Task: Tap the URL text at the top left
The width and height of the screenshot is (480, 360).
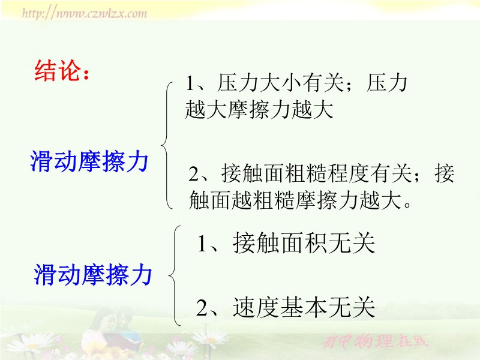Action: click(85, 13)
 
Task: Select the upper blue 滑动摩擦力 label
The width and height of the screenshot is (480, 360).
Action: click(89, 161)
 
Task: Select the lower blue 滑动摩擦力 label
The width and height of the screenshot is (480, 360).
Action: click(93, 275)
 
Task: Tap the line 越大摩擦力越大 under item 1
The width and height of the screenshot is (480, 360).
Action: click(259, 109)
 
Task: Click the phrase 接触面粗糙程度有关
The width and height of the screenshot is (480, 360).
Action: click(316, 173)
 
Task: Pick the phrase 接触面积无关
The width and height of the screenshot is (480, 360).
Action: click(304, 243)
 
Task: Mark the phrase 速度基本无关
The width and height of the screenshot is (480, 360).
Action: click(304, 307)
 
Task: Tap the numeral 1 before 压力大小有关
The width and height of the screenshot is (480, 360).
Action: click(190, 83)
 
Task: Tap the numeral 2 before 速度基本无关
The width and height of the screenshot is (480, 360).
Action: click(202, 308)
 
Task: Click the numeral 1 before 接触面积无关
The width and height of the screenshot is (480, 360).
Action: click(202, 244)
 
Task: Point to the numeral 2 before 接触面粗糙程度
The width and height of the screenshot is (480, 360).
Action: click(194, 174)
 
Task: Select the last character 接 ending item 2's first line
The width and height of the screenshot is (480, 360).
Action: click(444, 173)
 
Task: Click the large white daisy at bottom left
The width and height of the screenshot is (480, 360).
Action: click(34, 344)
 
